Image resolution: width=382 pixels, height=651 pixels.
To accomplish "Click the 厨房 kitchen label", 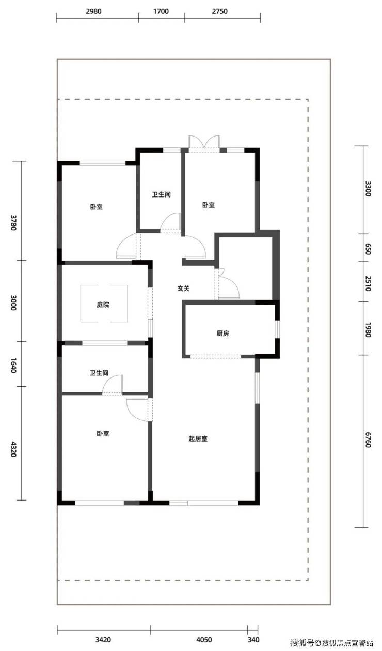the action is point(222,334).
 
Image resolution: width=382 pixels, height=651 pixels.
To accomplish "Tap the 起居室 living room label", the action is point(198,438).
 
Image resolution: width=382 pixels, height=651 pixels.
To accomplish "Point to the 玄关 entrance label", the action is point(183,289).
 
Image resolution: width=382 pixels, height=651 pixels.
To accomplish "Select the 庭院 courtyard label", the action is point(103,305).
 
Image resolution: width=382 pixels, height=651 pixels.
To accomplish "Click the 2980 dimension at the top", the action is point(93,11).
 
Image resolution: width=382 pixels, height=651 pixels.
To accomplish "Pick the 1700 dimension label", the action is point(161,11).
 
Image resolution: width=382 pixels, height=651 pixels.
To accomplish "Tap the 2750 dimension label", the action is point(219,11).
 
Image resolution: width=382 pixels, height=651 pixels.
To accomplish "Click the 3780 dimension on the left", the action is point(13,222).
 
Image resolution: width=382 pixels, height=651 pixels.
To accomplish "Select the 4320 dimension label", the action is point(13,449).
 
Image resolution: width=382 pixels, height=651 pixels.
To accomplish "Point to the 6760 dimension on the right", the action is point(368,440).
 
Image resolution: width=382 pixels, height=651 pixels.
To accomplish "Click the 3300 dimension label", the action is point(368,189).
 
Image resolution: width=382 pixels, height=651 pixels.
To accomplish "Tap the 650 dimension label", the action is point(368,249).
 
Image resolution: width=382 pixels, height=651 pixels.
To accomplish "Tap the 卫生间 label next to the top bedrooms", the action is point(161,194).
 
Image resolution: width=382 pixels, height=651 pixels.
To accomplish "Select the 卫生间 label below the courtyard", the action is point(99,373).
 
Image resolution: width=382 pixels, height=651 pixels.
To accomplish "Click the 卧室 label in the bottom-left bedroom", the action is point(103,434).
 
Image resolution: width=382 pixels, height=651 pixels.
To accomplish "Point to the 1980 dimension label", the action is point(368,329).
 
